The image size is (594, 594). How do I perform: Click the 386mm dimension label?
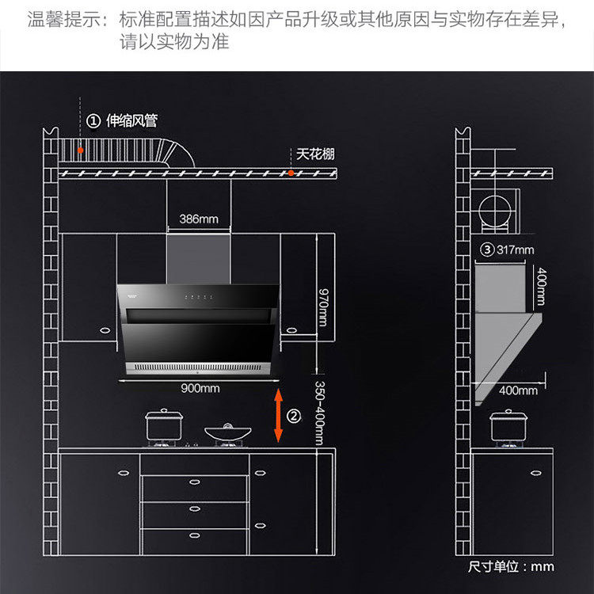[198, 219]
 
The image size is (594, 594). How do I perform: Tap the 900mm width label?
[200, 388]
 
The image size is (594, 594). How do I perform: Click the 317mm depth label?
[513, 250]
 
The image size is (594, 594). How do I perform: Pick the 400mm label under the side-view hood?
[518, 390]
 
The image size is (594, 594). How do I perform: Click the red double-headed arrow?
[279, 415]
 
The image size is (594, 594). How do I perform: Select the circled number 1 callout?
[93, 121]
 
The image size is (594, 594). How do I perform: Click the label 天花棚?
[316, 154]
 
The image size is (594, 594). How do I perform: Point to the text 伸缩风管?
[132, 121]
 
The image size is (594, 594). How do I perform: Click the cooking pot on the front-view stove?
[164, 425]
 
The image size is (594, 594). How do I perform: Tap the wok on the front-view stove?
[228, 432]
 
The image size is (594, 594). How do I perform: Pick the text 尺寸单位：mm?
[511, 567]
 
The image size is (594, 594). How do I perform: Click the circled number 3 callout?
[486, 250]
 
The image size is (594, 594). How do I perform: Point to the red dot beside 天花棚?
[291, 170]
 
